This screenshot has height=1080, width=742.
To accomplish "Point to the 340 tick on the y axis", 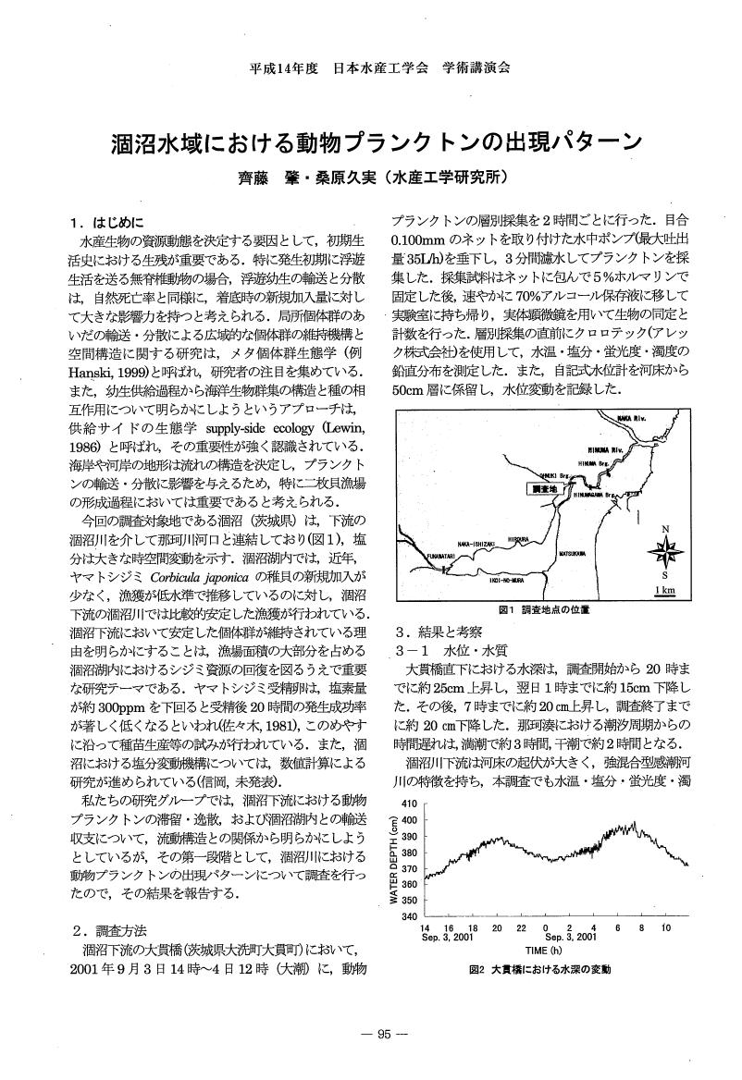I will pos(410,915).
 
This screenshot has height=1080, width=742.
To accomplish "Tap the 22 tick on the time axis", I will pos(522,927).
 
